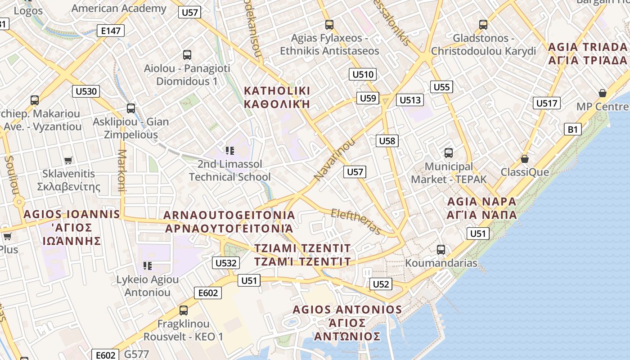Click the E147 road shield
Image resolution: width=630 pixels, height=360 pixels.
click(111, 31)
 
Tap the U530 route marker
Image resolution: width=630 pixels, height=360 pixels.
click(85, 91)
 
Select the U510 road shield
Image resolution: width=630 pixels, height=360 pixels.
click(363, 74)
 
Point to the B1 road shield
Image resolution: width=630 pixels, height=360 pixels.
click(572, 129)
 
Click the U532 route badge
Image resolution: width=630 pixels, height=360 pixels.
click(226, 263)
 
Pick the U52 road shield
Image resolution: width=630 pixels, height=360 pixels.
click(381, 284)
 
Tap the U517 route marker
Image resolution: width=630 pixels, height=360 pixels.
click(547, 103)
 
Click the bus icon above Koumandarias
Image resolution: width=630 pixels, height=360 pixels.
click(441, 249)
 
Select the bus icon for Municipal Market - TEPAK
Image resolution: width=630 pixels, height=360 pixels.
click(449, 153)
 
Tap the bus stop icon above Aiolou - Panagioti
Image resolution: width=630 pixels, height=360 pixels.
click(187, 55)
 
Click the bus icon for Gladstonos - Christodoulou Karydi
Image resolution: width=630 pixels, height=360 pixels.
click(483, 24)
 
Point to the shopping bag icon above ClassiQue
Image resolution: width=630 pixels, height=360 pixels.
click(525, 159)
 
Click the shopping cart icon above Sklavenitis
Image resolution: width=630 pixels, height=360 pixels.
click(68, 160)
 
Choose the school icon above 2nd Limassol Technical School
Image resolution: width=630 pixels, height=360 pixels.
click(230, 150)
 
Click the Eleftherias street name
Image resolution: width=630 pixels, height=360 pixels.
click(356, 221)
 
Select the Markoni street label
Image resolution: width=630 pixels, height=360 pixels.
click(121, 171)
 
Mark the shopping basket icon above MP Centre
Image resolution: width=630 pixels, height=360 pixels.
click(602, 93)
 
